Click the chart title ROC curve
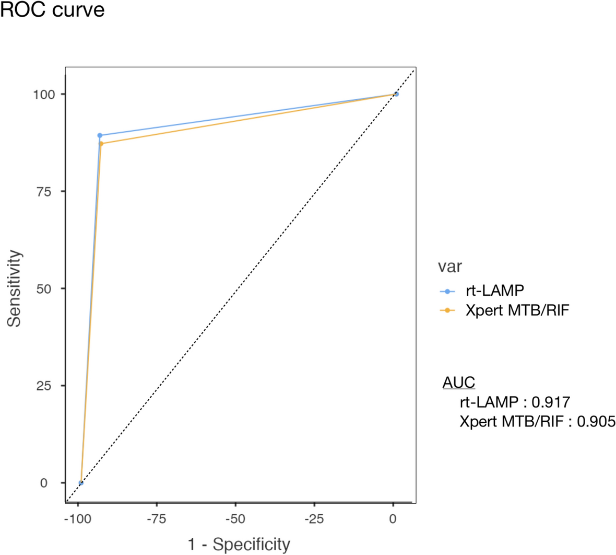[52, 9]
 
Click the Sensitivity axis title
[15, 288]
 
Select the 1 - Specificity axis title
[239, 544]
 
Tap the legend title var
[449, 267]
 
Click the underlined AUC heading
[459, 383]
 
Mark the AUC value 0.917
[550, 402]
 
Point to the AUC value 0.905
[596, 421]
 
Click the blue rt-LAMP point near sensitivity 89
[100, 135]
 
